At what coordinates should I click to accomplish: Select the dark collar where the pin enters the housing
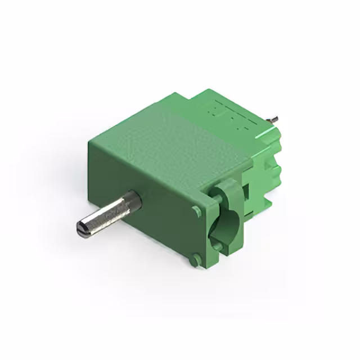(132, 200)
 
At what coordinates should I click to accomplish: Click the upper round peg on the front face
(196, 211)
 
